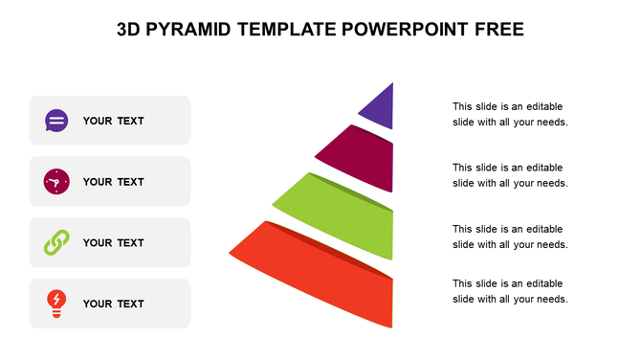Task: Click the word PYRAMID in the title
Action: (191, 30)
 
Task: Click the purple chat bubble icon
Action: (56, 121)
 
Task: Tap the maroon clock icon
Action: (56, 182)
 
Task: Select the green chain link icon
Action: (56, 243)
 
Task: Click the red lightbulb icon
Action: (56, 304)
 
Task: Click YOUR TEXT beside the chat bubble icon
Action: (113, 121)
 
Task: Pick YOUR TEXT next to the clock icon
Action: (113, 182)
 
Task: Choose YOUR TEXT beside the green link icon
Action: (113, 243)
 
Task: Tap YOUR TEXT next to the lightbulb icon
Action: (113, 304)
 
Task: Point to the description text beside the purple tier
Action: (510, 114)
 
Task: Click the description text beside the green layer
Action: (510, 236)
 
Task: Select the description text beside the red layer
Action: (510, 291)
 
